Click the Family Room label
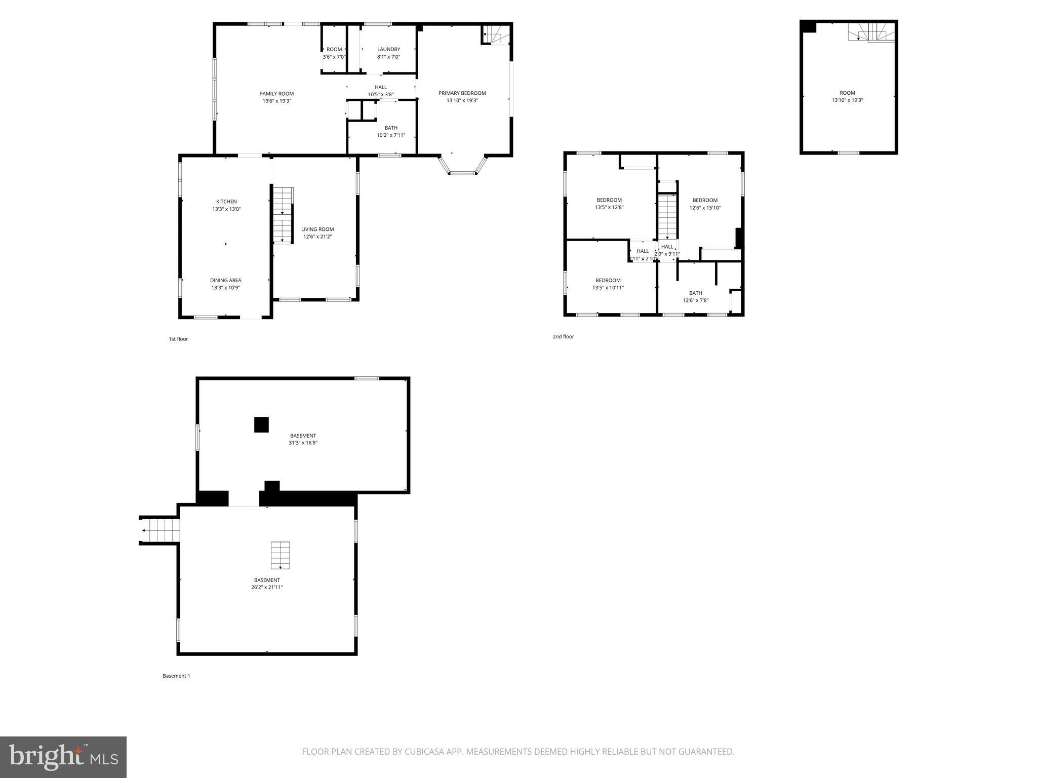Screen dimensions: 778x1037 tap(276, 94)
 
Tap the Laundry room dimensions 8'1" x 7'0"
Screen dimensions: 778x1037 tap(388, 57)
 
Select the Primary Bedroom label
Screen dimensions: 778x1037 tap(462, 93)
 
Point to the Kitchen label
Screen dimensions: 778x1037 tap(226, 202)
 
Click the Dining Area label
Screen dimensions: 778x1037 tap(226, 281)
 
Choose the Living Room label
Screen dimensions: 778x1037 tap(317, 229)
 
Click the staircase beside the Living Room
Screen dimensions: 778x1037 tap(283, 215)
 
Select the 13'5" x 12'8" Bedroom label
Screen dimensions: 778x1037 tap(609, 200)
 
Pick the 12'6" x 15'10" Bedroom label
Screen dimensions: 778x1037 tap(705, 201)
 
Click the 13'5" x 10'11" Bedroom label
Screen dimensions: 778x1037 tap(608, 281)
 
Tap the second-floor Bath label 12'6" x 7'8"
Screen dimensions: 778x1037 tap(695, 293)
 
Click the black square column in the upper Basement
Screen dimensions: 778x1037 tap(261, 424)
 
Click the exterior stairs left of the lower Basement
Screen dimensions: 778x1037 tap(159, 530)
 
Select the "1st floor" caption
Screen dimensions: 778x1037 tap(178, 339)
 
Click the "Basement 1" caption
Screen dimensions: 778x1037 tap(176, 676)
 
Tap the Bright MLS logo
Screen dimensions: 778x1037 tap(63, 757)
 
